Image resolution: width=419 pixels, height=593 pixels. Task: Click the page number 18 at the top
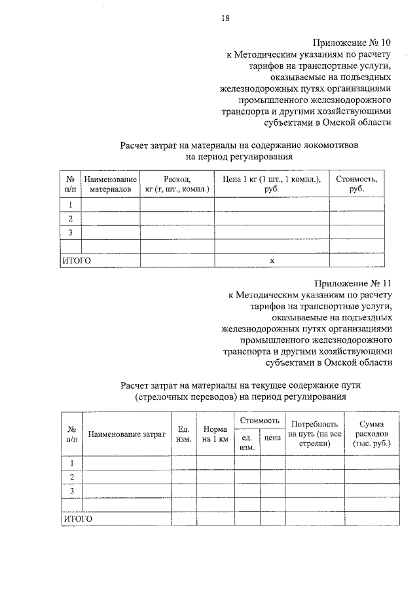click(225, 18)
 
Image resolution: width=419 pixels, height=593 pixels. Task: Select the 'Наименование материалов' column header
click(110, 184)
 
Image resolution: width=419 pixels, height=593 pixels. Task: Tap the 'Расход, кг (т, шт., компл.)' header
click(177, 184)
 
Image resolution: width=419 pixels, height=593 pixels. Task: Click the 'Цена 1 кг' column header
click(272, 184)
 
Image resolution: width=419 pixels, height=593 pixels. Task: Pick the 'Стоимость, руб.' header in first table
click(357, 184)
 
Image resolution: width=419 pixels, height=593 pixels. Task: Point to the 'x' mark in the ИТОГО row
click(272, 260)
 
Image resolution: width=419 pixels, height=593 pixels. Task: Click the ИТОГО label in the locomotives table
click(76, 260)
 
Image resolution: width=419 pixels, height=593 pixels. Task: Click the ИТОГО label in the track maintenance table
click(78, 519)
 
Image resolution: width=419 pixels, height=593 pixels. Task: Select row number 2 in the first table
click(70, 218)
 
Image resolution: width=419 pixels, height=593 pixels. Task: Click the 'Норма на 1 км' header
click(215, 434)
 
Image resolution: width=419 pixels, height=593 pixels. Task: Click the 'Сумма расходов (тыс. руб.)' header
click(371, 434)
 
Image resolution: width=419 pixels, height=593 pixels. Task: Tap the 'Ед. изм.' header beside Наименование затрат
click(183, 434)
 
